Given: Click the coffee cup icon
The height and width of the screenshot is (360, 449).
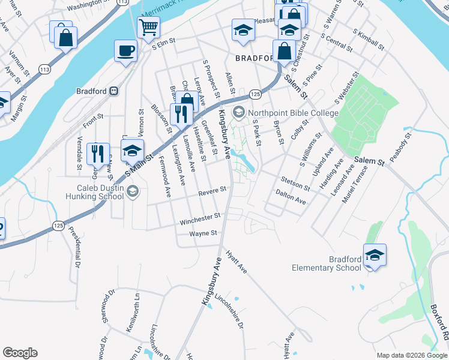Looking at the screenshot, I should [125, 50].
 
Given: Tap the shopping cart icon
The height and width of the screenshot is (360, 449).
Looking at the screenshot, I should [148, 26].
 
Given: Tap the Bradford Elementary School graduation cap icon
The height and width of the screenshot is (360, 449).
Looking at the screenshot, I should [375, 254].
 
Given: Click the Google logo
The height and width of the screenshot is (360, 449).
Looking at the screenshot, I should [20, 352].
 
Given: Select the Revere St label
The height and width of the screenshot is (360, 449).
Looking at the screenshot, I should [213, 190].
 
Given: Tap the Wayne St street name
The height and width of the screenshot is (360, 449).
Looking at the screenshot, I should [202, 233].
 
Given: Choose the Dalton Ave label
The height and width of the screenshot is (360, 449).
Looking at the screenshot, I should [291, 197].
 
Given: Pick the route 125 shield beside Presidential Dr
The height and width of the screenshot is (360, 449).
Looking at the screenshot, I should [58, 226].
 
